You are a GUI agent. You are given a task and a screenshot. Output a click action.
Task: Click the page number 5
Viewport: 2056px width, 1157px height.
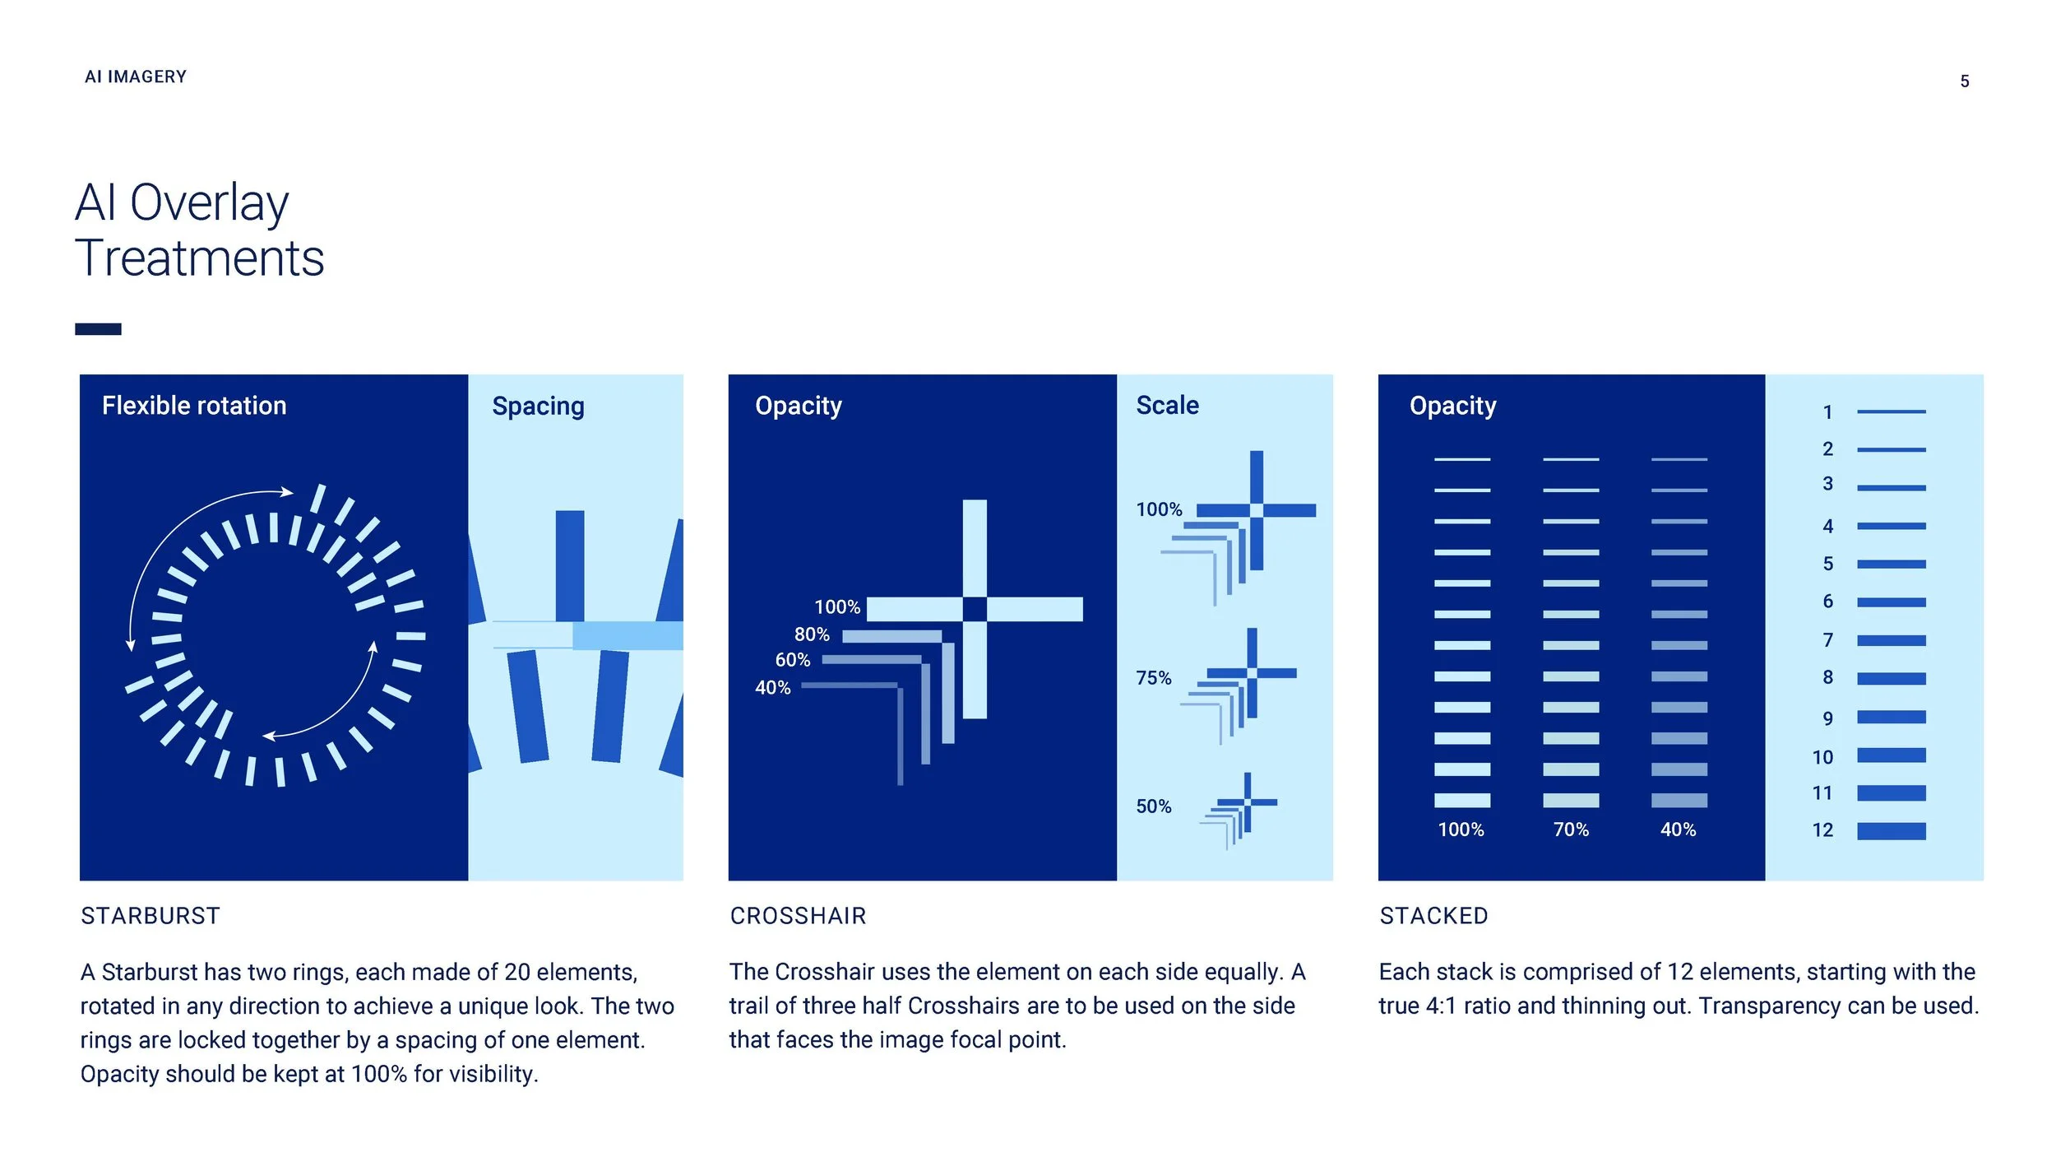pos(1964,81)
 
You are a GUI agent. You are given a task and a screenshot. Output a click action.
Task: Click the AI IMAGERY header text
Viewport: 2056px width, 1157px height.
pos(136,77)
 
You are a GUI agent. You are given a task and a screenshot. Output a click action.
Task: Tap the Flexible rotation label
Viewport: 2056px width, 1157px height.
pos(194,406)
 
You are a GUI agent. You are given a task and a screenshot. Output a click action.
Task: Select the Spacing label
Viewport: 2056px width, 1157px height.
pos(538,407)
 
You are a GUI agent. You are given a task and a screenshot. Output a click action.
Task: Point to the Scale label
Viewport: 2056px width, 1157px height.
pos(1167,406)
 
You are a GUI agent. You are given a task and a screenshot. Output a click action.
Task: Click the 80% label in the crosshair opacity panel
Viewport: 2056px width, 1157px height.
pos(812,634)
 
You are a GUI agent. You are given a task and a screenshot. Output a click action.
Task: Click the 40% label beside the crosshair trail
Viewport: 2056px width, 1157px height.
pos(773,688)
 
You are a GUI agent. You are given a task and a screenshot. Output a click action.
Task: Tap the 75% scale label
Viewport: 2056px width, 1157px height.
pos(1153,678)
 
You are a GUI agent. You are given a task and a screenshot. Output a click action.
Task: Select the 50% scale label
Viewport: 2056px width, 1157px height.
pos(1153,806)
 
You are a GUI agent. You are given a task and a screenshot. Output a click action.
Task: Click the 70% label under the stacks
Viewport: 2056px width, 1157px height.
pos(1571,829)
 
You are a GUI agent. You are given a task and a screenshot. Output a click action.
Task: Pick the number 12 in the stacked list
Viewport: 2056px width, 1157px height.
pos(1822,830)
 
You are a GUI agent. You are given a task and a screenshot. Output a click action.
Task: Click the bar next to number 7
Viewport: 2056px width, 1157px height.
pos(1892,640)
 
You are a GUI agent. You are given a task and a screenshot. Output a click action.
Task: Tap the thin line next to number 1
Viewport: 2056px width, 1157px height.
pos(1892,411)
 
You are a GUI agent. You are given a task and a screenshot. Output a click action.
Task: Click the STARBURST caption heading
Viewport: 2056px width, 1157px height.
pos(150,916)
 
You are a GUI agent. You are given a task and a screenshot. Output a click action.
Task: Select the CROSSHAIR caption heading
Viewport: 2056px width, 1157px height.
pos(798,916)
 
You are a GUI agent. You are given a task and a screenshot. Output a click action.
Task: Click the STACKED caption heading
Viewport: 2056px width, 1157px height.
pos(1433,916)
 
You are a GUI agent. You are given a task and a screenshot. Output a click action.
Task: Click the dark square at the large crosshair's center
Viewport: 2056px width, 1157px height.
pos(975,610)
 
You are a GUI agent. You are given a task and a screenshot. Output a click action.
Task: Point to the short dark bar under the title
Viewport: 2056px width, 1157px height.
pos(98,329)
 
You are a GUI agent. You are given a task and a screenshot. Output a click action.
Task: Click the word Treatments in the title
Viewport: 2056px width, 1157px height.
pos(200,258)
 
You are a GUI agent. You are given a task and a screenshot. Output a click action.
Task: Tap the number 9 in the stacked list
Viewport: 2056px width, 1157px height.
pos(1827,718)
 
